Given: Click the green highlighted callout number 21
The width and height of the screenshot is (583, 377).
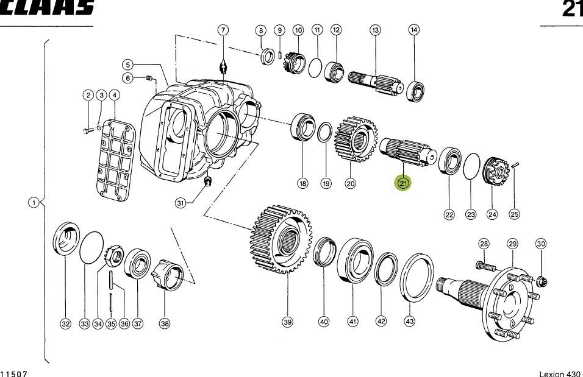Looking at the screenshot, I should (403, 183).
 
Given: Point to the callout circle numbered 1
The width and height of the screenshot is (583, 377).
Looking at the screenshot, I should (34, 202).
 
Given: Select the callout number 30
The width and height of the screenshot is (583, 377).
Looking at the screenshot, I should (541, 244).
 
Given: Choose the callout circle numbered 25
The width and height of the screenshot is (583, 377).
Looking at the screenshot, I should (515, 214).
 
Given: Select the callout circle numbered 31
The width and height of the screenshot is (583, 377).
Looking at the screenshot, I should (180, 203).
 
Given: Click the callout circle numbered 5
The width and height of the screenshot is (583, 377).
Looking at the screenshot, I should (127, 64).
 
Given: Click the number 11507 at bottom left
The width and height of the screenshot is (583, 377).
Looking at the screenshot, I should (14, 373).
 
